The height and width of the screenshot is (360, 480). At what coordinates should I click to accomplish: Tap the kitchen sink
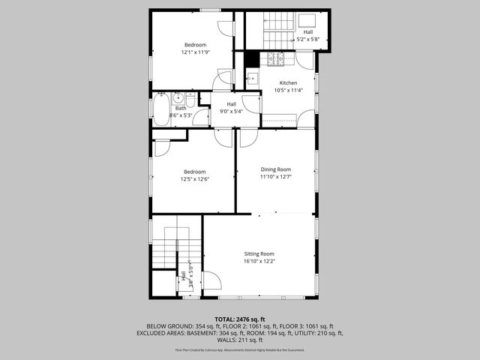252,78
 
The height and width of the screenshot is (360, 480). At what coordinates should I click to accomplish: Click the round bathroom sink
178,97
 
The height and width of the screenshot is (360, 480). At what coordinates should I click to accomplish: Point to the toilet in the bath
191,100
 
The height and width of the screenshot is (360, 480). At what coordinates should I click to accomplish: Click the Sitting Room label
259,254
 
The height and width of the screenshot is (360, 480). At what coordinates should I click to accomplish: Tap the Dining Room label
275,169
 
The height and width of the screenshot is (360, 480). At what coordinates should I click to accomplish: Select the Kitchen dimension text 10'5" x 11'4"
288,91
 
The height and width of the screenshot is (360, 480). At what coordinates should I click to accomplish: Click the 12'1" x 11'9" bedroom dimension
195,52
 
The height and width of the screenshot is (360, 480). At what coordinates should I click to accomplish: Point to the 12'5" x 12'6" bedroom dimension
194,179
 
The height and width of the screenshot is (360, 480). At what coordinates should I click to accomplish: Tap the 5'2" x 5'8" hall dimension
308,39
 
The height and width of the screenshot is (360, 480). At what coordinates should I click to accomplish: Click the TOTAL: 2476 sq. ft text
240,319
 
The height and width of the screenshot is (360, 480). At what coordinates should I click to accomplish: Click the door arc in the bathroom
201,117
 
